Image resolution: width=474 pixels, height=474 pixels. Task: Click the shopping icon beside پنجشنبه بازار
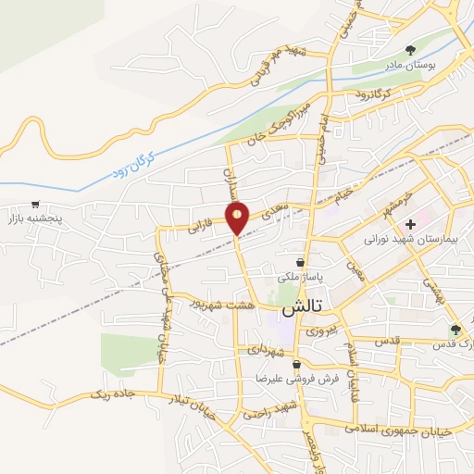(35, 205)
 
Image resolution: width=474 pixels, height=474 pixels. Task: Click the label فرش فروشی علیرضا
(293, 380)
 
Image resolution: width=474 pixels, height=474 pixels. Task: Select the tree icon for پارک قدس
(455, 329)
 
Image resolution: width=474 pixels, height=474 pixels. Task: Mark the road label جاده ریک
(110, 394)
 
